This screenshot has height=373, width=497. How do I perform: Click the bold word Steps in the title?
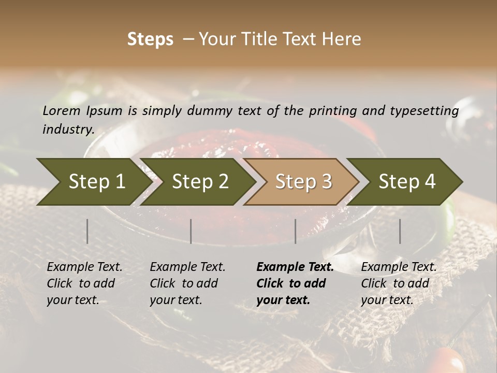(x=150, y=39)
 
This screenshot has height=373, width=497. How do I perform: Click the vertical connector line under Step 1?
(x=87, y=231)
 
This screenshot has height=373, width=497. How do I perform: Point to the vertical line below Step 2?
(x=191, y=231)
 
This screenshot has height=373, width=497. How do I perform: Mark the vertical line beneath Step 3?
(x=296, y=231)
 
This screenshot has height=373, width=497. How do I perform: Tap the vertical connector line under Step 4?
(x=400, y=231)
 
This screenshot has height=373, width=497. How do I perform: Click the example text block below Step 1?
(x=84, y=283)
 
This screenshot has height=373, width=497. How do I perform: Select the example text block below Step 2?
(x=187, y=283)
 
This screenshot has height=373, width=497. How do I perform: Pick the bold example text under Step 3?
(x=295, y=283)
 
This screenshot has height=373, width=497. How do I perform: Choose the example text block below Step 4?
(x=399, y=283)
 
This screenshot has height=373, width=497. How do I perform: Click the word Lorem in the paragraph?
(x=61, y=110)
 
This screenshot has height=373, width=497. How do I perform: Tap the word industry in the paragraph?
(x=68, y=130)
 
